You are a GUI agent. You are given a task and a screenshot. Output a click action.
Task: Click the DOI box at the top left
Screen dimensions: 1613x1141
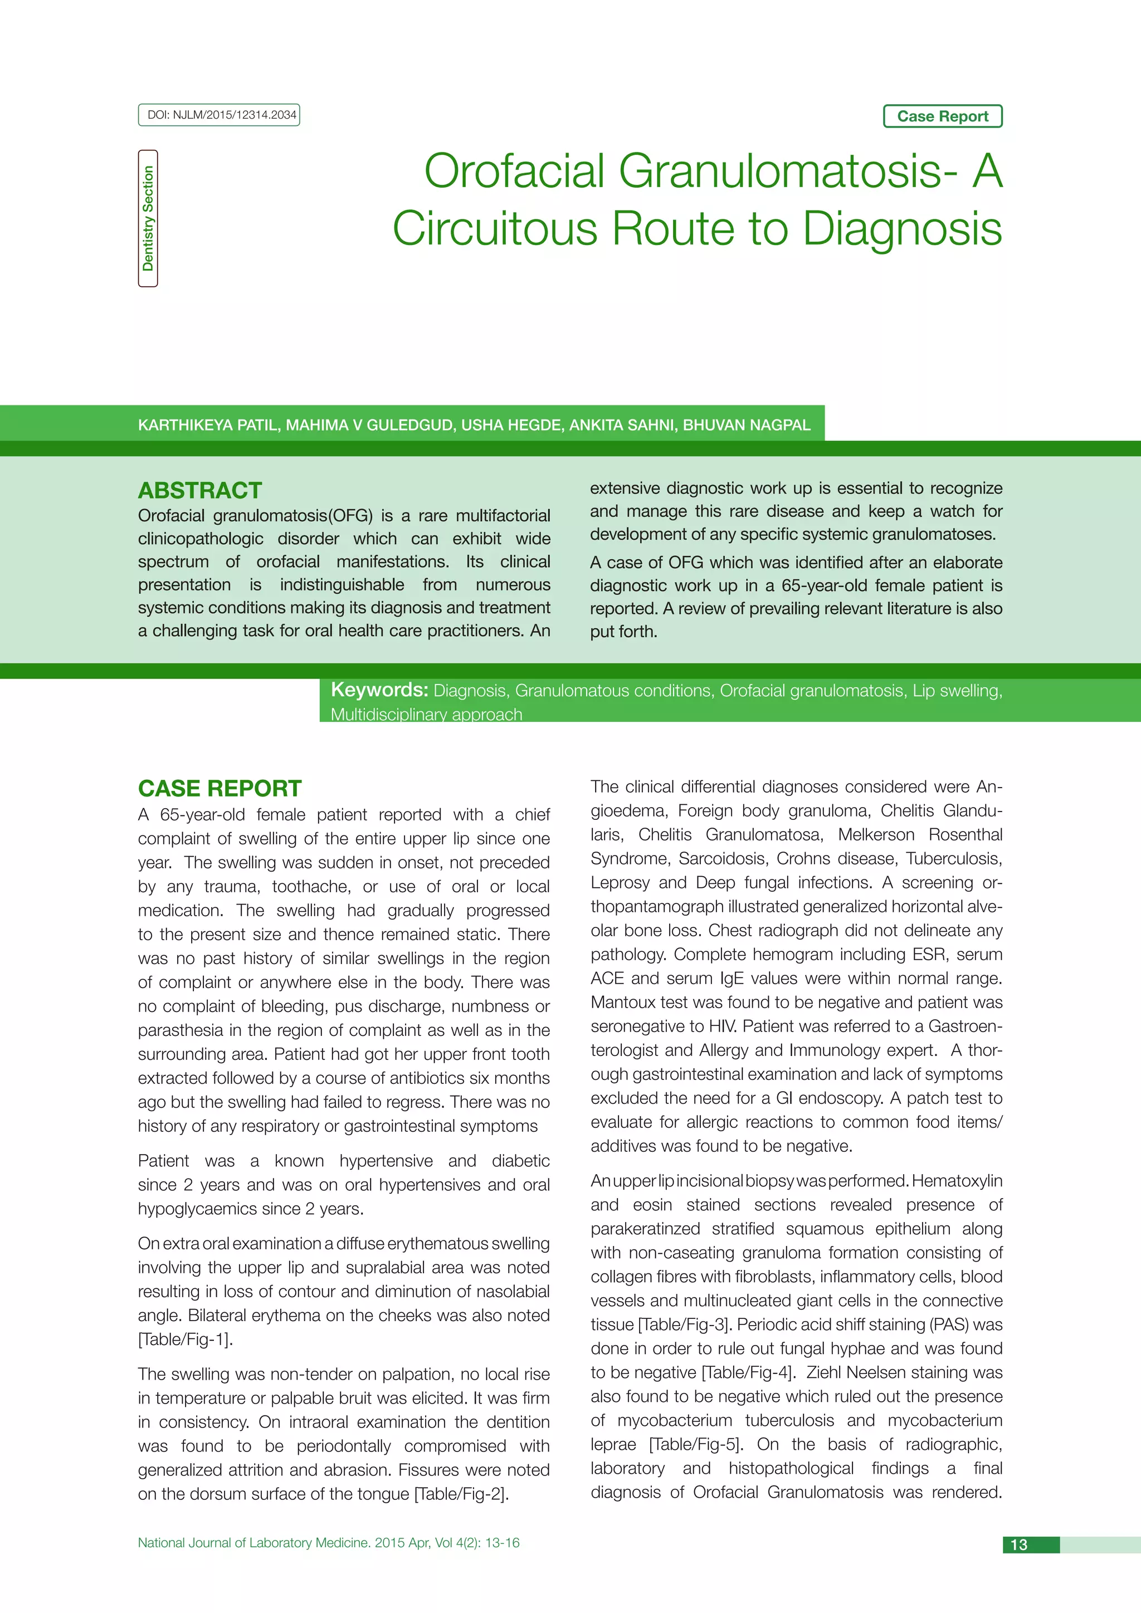click(219, 115)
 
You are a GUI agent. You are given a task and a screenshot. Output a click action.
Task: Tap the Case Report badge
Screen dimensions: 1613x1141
click(942, 116)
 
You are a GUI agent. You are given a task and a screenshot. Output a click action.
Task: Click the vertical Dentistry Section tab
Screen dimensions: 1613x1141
click(148, 218)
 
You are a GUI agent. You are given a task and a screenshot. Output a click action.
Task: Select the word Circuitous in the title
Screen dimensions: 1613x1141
click(495, 229)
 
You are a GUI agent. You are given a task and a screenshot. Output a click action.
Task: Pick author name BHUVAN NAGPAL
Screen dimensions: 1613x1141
click(746, 425)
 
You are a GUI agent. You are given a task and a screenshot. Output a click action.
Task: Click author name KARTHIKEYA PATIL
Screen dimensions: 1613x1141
click(207, 425)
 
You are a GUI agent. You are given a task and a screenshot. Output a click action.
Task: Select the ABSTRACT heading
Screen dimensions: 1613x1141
click(200, 490)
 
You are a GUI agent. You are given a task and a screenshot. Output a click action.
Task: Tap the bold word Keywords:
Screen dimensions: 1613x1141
click(379, 690)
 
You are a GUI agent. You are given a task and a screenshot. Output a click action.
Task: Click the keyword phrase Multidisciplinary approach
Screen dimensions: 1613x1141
click(426, 715)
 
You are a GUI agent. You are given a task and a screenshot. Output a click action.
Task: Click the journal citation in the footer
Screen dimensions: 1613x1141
click(329, 1543)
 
